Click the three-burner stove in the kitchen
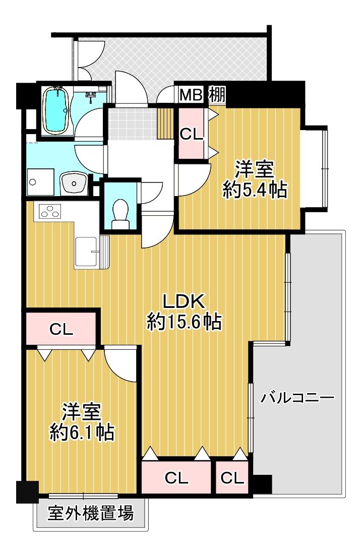(50, 211)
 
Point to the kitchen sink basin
(87, 251)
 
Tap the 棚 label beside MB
(217, 94)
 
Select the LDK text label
(184, 301)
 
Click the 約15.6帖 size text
(184, 322)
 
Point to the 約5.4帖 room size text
(255, 191)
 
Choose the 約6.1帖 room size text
(82, 432)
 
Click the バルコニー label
(297, 398)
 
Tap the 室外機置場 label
(91, 513)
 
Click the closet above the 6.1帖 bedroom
(61, 329)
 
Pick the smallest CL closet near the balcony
(232, 477)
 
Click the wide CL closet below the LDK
(176, 477)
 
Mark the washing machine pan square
(41, 182)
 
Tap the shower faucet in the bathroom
(91, 95)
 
